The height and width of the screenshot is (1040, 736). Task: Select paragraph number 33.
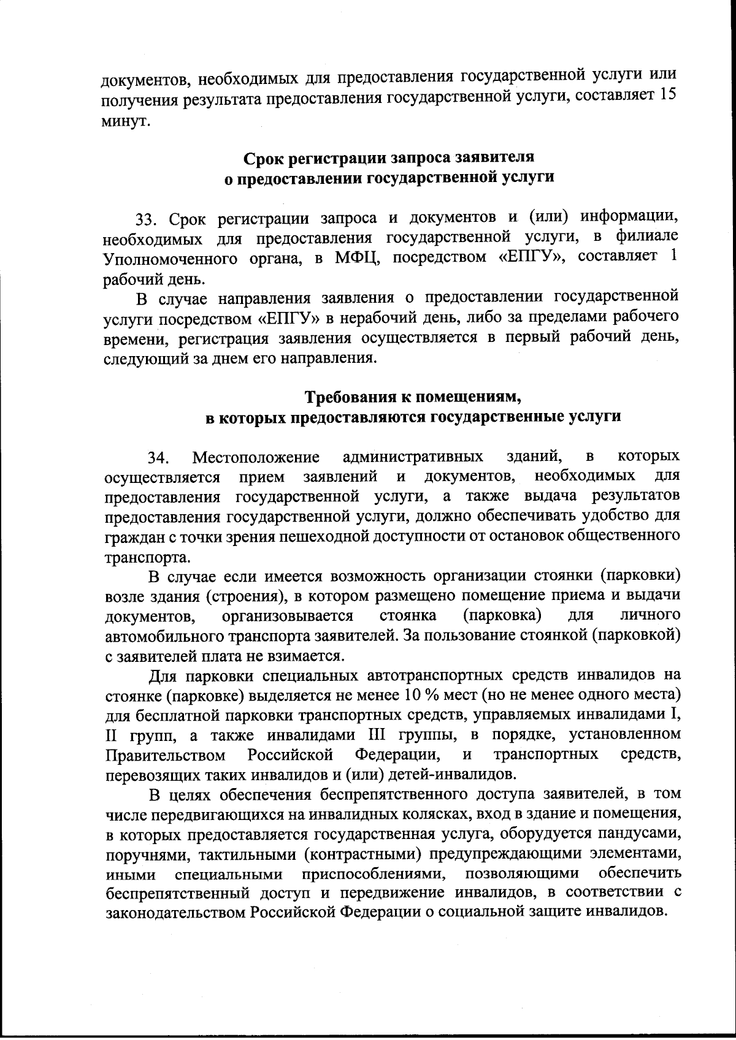147,218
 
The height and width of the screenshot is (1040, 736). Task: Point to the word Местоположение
256,457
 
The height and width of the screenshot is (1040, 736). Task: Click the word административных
412,457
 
